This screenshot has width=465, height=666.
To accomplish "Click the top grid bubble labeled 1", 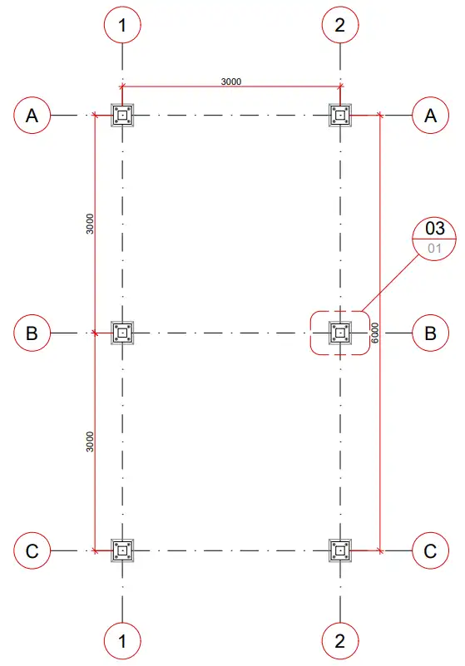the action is click(122, 25).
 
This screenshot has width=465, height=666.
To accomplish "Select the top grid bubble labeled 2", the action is click(340, 25).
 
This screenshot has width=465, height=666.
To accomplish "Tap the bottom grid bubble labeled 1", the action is click(122, 641).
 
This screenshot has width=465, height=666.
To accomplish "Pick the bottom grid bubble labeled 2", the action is click(340, 641).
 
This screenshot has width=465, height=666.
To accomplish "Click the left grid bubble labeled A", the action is click(32, 115).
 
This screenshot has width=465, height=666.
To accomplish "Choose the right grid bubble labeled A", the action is click(431, 115).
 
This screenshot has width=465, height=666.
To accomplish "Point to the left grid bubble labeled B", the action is click(32, 333).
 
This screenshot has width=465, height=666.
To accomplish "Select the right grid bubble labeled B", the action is click(431, 333).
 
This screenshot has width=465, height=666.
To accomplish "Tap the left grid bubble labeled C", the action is click(32, 551).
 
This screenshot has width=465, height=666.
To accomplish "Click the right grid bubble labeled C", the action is click(431, 551).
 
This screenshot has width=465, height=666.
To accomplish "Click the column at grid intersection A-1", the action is click(122, 115).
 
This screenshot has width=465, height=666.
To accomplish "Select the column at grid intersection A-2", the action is click(340, 115).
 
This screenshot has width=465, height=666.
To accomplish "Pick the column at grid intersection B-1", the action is click(122, 333).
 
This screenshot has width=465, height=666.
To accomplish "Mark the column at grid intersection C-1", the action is click(122, 551).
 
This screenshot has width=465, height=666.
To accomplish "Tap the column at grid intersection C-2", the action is click(340, 551).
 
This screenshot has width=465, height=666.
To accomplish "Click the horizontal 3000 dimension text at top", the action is click(231, 81).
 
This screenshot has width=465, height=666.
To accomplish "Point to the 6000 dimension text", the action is click(374, 333).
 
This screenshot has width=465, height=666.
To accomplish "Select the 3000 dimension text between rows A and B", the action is click(90, 224).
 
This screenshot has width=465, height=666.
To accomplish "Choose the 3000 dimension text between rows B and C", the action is click(90, 442).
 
